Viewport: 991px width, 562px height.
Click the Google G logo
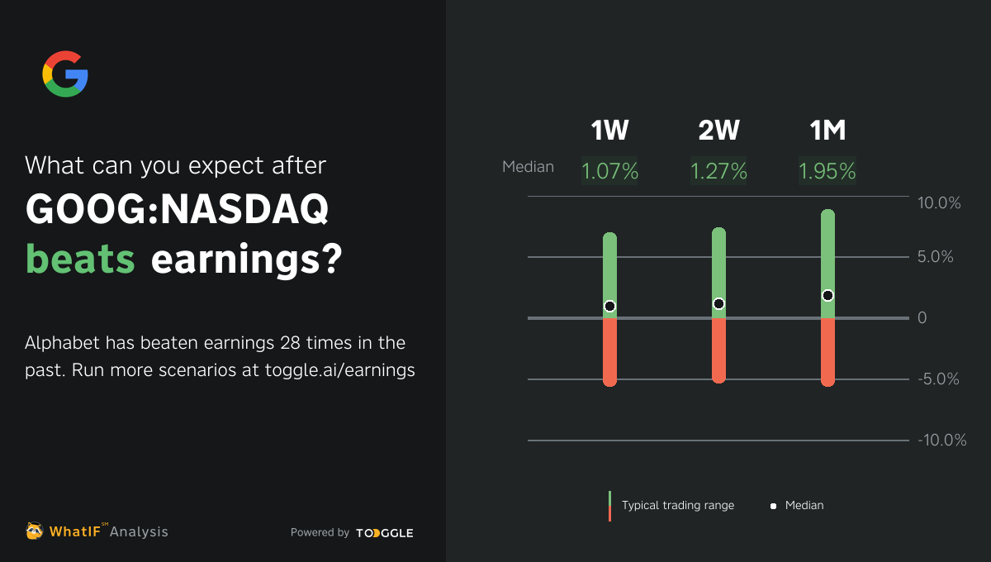pyautogui.click(x=65, y=74)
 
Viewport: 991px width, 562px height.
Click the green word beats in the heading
pyautogui.click(x=80, y=260)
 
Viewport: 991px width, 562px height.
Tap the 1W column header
pyautogui.click(x=609, y=131)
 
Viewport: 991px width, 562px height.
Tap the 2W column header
pyautogui.click(x=718, y=131)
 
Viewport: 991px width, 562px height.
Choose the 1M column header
pyautogui.click(x=827, y=131)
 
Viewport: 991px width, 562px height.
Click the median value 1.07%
pyautogui.click(x=609, y=171)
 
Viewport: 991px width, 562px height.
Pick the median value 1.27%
pyautogui.click(x=718, y=171)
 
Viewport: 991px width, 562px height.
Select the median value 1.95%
pyautogui.click(x=827, y=171)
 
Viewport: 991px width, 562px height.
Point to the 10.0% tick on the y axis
pyautogui.click(x=939, y=202)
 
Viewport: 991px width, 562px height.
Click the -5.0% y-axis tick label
pyautogui.click(x=939, y=379)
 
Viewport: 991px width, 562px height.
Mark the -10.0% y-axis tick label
pyautogui.click(x=941, y=441)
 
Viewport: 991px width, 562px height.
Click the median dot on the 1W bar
pyautogui.click(x=609, y=306)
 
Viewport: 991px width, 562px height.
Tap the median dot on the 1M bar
pyautogui.click(x=827, y=295)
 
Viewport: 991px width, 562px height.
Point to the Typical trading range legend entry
pyautogui.click(x=677, y=505)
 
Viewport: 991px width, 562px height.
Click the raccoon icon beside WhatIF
pyautogui.click(x=34, y=531)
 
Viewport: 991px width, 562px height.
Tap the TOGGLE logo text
pyautogui.click(x=385, y=533)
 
